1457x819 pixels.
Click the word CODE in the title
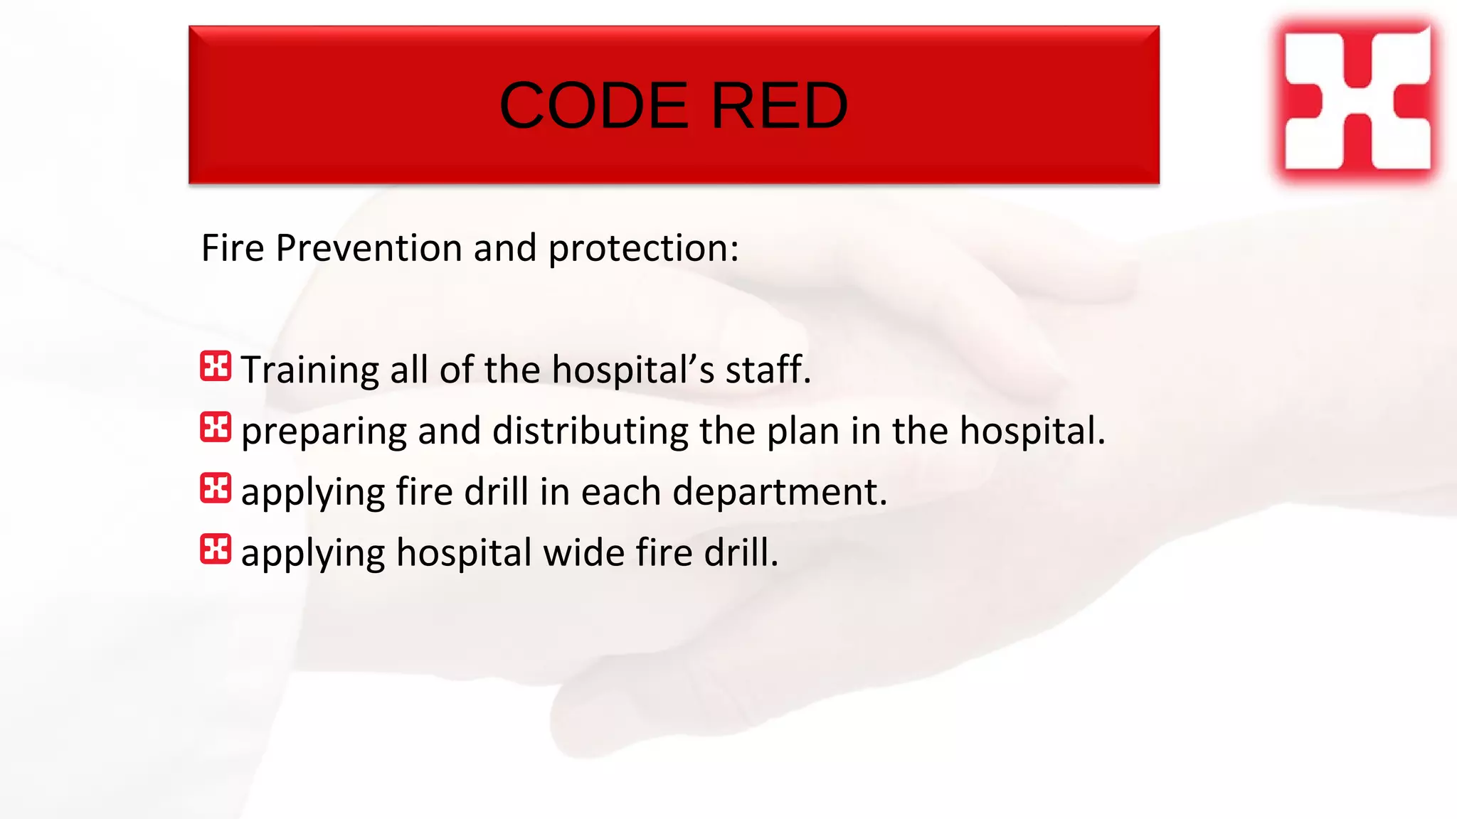593,106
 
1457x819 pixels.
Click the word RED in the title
779,106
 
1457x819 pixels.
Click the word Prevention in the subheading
369,248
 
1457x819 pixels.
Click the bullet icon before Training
216,366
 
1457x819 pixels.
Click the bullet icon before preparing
216,427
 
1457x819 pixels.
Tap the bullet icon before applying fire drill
216,488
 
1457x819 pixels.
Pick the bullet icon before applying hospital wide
216,550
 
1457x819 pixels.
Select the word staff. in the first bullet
768,370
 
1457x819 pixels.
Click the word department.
780,492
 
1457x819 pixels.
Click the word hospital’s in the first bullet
633,370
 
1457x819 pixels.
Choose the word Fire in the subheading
233,248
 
